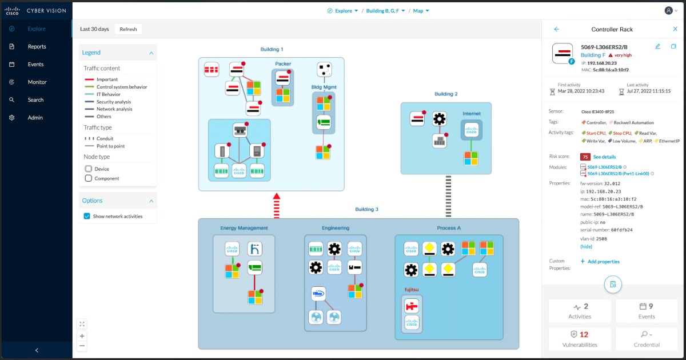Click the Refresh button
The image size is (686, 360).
coord(128,29)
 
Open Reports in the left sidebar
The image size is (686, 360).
coord(37,47)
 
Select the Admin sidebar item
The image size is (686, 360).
coord(35,118)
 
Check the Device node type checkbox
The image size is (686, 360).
coord(89,169)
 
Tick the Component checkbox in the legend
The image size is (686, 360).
coord(89,178)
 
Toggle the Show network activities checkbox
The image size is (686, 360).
coord(87,217)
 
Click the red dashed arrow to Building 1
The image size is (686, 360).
coord(277,206)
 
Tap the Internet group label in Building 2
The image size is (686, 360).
coord(472,114)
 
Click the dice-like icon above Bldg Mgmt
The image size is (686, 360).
coord(324,70)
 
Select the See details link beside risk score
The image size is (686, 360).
coord(604,157)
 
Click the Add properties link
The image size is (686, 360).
coord(600,262)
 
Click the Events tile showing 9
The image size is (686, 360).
coord(647,311)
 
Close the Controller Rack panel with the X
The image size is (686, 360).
coord(675,29)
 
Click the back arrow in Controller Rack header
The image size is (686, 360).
coord(557,29)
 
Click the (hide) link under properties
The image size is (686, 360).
coord(586,246)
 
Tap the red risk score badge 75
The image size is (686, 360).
coord(585,157)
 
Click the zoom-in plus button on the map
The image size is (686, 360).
coord(82,336)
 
